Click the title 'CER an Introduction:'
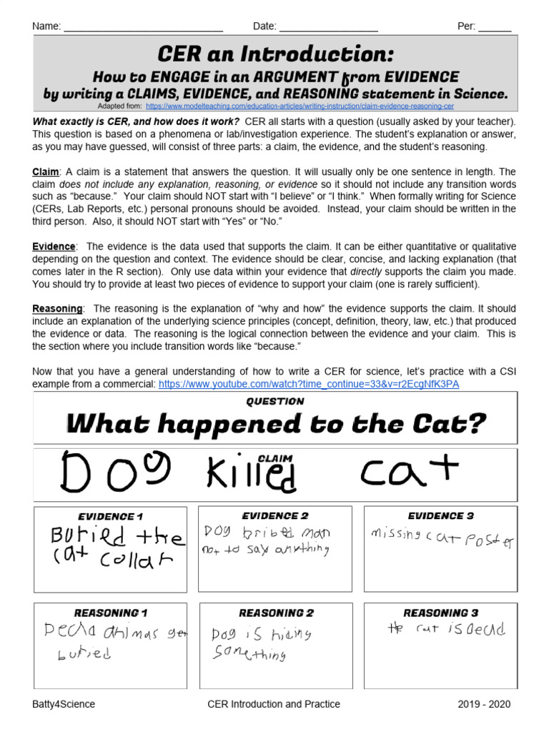click(x=275, y=54)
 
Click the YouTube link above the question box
click(x=308, y=384)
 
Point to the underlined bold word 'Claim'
click(x=45, y=172)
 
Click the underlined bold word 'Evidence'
click(x=54, y=247)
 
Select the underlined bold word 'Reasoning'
click(x=57, y=308)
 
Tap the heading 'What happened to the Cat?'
click(x=275, y=425)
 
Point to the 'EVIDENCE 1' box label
click(x=111, y=516)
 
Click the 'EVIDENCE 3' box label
click(x=440, y=516)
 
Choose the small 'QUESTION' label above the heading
click(x=275, y=402)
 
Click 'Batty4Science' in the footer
click(x=64, y=704)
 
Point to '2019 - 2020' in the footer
click(x=485, y=704)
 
